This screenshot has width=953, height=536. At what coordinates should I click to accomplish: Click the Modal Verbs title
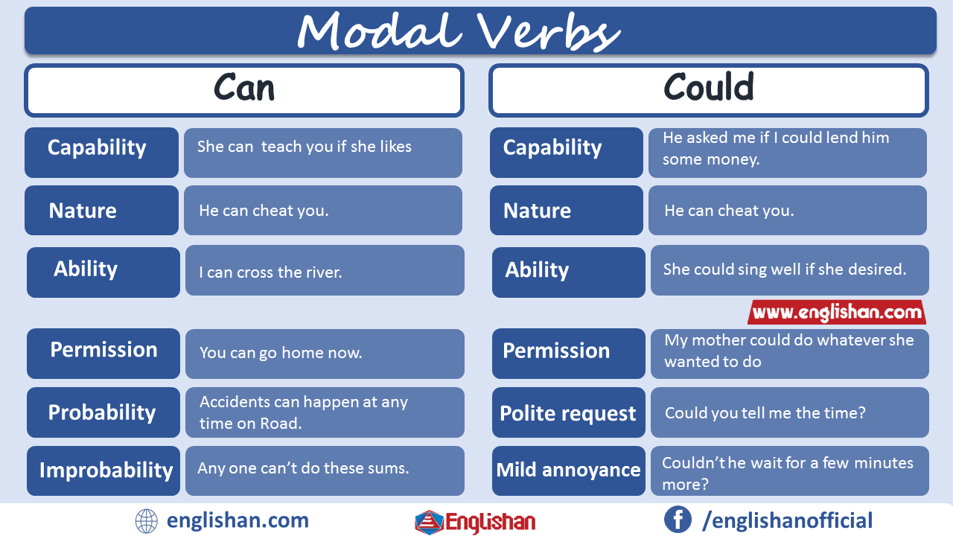coord(458,32)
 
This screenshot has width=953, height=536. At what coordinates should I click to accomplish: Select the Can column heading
coord(244,89)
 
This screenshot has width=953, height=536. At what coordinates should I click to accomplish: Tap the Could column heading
coord(708,89)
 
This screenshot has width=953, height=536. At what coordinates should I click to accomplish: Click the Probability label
coord(102,412)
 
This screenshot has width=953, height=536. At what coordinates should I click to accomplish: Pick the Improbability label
coord(106,470)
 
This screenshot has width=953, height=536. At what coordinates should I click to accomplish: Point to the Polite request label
coord(568,413)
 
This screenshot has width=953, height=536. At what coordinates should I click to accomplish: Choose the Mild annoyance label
coord(568,470)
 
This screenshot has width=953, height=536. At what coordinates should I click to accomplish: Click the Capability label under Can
coord(97,147)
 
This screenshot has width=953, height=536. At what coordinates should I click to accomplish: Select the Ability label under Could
coord(537,270)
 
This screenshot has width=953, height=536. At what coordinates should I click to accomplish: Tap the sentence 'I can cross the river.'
coord(270,272)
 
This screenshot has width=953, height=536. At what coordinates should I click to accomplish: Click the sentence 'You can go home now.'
coord(281,353)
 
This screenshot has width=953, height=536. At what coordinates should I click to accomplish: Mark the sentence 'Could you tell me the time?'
coord(765,412)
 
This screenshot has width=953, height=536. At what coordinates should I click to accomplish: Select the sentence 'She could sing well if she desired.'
coord(785,269)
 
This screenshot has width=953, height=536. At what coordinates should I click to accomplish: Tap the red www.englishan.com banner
coord(837,312)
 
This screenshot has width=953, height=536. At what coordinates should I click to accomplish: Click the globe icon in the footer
coord(147,520)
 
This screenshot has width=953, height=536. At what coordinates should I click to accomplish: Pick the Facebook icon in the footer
coord(678,520)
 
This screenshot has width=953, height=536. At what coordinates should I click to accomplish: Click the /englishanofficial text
coord(788,520)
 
